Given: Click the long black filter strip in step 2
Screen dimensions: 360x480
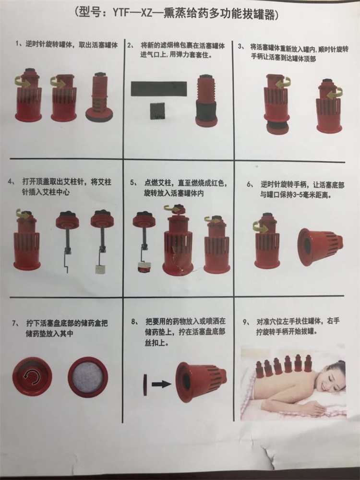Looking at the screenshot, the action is tap(159, 89).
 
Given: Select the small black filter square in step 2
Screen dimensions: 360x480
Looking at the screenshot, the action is tap(158, 113).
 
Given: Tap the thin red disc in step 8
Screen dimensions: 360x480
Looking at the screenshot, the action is tap(145, 384).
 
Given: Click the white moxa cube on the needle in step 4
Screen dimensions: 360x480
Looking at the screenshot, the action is tap(99, 268).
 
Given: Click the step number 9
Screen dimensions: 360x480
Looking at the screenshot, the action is tap(245, 322).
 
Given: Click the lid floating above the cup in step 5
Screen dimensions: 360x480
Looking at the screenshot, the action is tap(175, 209).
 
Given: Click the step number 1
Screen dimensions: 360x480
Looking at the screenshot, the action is tap(18, 44).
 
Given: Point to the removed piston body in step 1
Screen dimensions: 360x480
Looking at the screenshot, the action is tap(99, 97).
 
